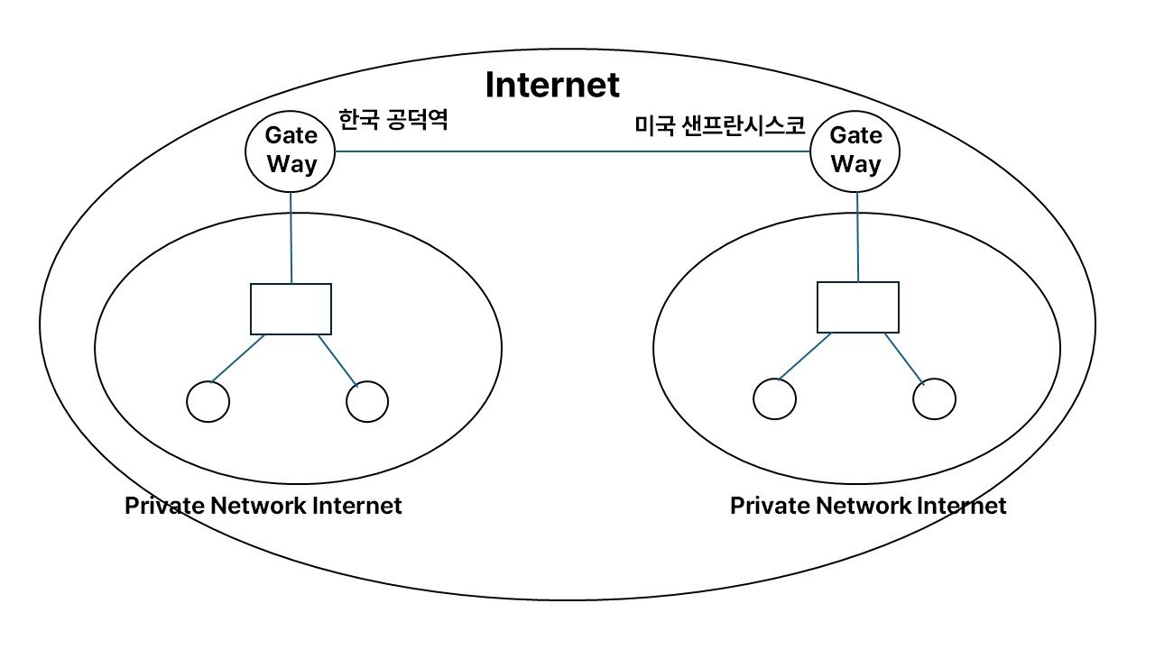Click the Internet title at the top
pyautogui.click(x=552, y=86)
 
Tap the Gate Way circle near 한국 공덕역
pyautogui.click(x=291, y=151)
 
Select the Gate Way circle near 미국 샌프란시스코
pyautogui.click(x=855, y=151)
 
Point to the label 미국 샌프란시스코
pyautogui.click(x=720, y=125)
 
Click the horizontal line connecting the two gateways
pyautogui.click(x=573, y=151)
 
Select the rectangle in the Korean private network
pyautogui.click(x=291, y=308)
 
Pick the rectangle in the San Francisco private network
pyautogui.click(x=857, y=306)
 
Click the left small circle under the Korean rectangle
pyautogui.click(x=208, y=402)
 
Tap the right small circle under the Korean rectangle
pyautogui.click(x=367, y=402)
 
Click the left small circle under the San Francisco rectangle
pyautogui.click(x=774, y=398)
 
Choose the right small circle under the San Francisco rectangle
pyautogui.click(x=934, y=398)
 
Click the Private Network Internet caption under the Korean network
pyautogui.click(x=263, y=506)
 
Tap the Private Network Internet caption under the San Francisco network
pyautogui.click(x=867, y=506)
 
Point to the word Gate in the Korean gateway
pyautogui.click(x=291, y=136)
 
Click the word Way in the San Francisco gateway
pyautogui.click(x=855, y=165)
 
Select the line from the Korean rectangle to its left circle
pyautogui.click(x=238, y=358)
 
